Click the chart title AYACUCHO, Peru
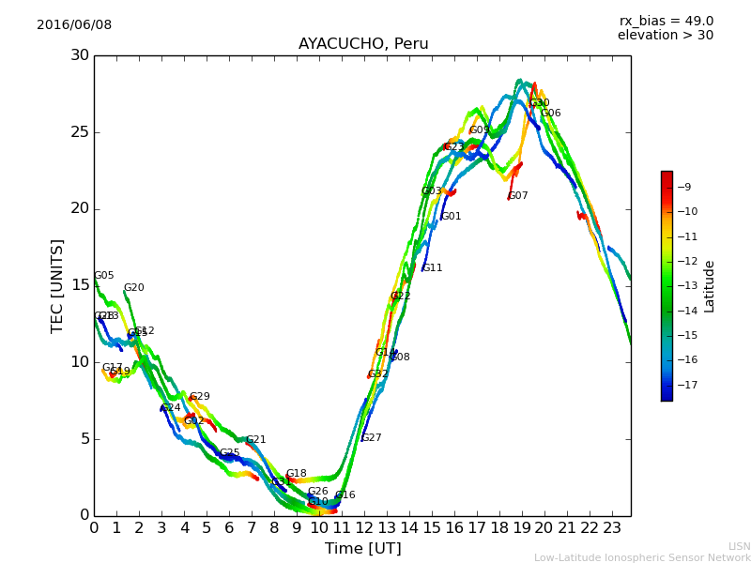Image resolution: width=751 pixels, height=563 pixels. coord(363,44)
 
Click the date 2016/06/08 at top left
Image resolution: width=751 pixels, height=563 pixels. coord(74,25)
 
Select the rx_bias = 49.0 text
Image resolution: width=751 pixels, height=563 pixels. coord(666,22)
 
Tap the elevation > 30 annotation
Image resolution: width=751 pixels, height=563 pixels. coord(665,36)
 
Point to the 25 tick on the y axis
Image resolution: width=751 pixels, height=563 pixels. coord(80,132)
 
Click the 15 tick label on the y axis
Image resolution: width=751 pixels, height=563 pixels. coord(80,285)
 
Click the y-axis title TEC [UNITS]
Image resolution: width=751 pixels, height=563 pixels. coord(58,285)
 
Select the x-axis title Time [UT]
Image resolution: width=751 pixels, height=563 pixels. coord(362,549)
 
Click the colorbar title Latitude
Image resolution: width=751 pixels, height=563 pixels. coord(710,286)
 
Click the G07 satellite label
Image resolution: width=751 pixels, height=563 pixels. coord(518,196)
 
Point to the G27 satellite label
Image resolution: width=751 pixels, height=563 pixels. coord(372,438)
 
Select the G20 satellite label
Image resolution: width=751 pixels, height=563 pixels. coord(134,288)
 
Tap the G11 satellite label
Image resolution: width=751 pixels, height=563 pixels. coord(433,268)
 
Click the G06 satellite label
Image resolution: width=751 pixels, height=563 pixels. coord(551,114)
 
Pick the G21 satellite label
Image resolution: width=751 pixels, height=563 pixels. coord(256,440)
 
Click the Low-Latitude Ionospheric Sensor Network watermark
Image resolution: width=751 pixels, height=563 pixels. coord(642,558)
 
